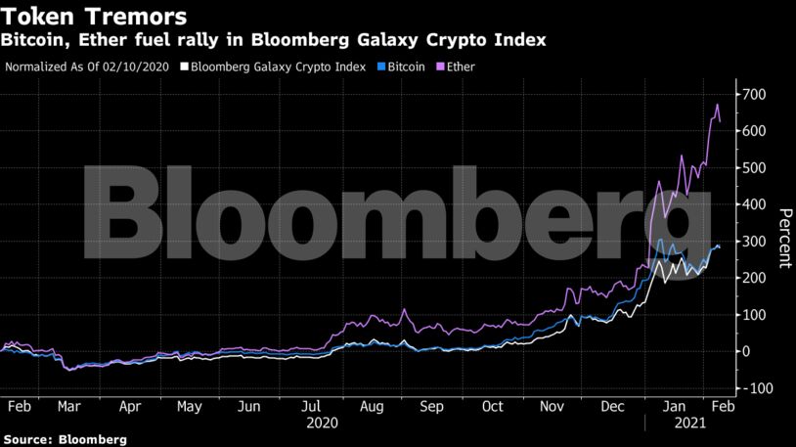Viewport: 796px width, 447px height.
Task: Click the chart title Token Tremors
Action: pyautogui.click(x=94, y=17)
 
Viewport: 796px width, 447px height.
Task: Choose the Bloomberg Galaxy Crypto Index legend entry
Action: pyautogui.click(x=279, y=67)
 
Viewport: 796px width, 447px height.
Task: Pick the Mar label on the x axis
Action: pyautogui.click(x=69, y=406)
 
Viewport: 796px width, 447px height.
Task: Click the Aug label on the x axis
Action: pyautogui.click(x=371, y=406)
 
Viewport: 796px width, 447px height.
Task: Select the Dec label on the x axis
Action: pyautogui.click(x=614, y=406)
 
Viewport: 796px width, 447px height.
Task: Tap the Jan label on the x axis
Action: pyautogui.click(x=676, y=406)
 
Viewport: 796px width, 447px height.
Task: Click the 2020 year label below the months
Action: pyautogui.click(x=323, y=424)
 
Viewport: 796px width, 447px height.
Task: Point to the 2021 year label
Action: pyautogui.click(x=690, y=424)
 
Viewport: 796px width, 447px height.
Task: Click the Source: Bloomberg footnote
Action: pyautogui.click(x=65, y=440)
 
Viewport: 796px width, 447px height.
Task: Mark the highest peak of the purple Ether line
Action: pyautogui.click(x=717, y=104)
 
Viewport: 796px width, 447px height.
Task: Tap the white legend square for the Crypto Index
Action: pyautogui.click(x=184, y=67)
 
